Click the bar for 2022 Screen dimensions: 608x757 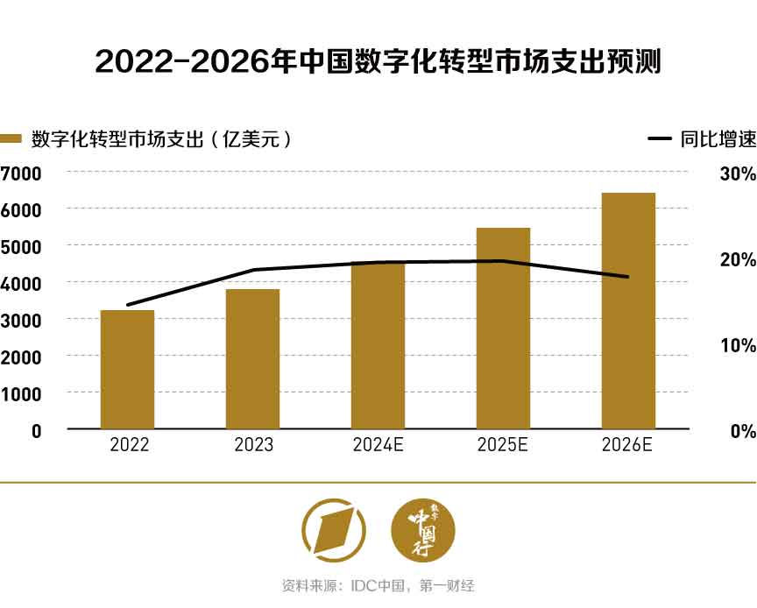[127, 369]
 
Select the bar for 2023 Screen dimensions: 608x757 [252, 358]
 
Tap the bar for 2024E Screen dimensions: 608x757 [378, 345]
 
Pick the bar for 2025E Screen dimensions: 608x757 [503, 328]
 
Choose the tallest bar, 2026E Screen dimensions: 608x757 [628, 310]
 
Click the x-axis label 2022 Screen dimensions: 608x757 [129, 445]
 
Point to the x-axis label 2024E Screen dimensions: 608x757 [378, 445]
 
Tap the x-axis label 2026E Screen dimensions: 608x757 [627, 445]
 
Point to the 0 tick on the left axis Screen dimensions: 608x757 [36, 431]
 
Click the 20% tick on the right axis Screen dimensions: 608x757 [737, 260]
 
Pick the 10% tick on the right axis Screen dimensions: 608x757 [737, 345]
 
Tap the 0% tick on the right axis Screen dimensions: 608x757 [741, 431]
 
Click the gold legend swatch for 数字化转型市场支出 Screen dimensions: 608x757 [11, 139]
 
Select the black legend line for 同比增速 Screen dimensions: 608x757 [659, 139]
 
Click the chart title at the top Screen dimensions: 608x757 [378, 62]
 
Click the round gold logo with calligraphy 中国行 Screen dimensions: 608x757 [423, 530]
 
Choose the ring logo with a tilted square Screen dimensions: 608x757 [334, 530]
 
